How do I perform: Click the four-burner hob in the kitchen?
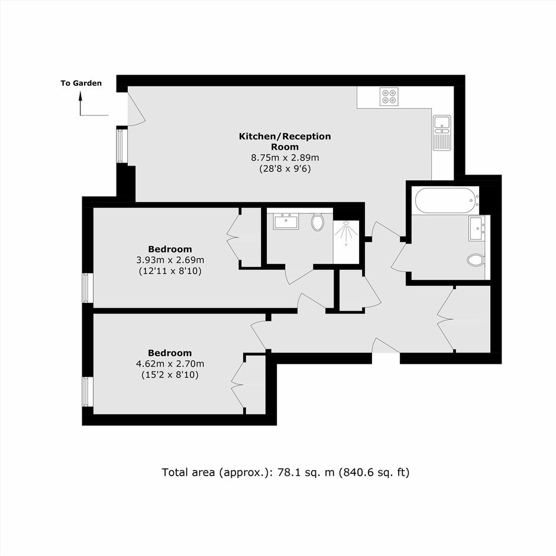click(389, 96)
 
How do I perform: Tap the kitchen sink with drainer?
click(441, 132)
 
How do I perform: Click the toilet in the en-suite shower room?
click(318, 222)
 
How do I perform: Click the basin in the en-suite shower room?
click(286, 221)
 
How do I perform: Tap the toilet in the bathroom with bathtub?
click(476, 260)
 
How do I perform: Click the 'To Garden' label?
click(81, 83)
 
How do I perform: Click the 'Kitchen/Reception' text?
click(285, 136)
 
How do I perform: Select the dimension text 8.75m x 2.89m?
click(285, 157)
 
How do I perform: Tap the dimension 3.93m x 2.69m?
click(170, 260)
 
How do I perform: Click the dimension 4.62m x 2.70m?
click(170, 363)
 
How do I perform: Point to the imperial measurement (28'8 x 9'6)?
click(285, 169)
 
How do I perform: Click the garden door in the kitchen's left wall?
click(136, 108)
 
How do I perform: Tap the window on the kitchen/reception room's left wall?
click(122, 146)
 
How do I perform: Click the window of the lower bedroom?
click(88, 392)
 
